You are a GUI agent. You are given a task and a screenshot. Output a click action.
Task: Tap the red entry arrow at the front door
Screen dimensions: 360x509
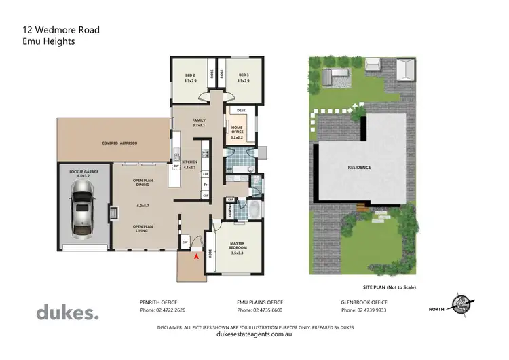(x=197, y=257)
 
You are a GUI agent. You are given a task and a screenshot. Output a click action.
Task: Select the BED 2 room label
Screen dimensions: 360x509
(x=190, y=78)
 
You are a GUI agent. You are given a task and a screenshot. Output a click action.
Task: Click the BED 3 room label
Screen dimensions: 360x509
(x=243, y=78)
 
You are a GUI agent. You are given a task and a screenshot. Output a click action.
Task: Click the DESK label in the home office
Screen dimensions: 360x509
(x=240, y=110)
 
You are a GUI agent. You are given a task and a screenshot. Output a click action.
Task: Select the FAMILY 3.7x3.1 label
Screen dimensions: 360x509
(x=199, y=122)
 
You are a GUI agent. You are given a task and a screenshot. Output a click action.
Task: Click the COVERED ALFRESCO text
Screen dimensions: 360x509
(x=120, y=144)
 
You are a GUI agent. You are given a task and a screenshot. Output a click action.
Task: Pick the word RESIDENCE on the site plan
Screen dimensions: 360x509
(x=360, y=167)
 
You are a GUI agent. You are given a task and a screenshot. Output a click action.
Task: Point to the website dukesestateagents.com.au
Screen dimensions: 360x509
(x=254, y=334)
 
